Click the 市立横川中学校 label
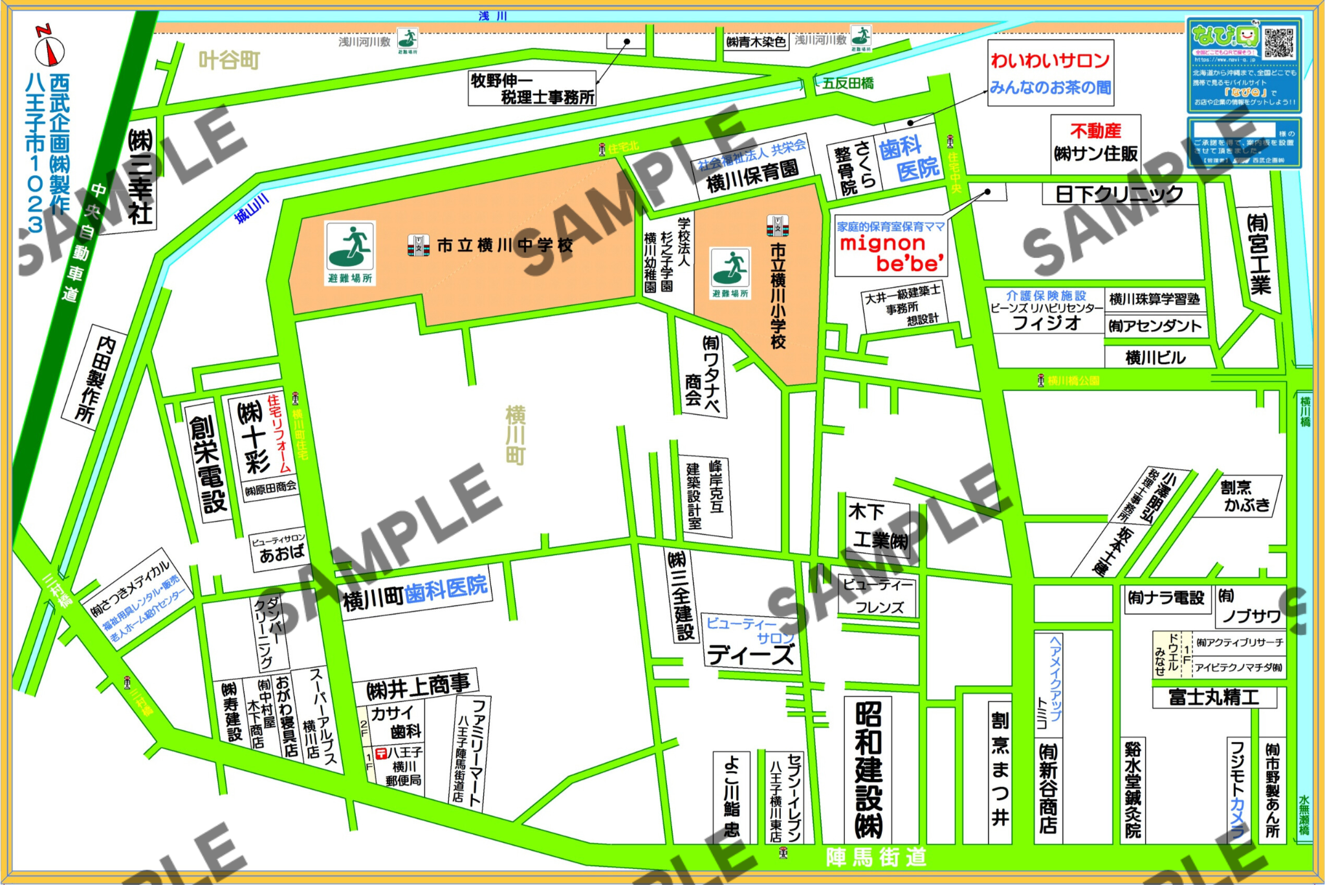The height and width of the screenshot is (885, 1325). click(x=505, y=245)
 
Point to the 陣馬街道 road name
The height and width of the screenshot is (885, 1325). click(x=876, y=857)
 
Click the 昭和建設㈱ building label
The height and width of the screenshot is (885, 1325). click(x=868, y=769)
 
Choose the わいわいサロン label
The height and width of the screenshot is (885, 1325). click(x=1050, y=61)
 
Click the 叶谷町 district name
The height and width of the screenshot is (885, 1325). click(x=229, y=61)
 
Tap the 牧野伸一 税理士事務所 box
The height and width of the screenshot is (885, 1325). click(x=531, y=89)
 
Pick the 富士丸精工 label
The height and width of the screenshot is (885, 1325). click(x=1214, y=697)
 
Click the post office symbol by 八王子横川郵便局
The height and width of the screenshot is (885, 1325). click(x=381, y=752)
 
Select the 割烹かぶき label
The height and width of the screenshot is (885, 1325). click(x=1245, y=496)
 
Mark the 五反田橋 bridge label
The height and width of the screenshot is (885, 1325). click(x=848, y=83)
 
